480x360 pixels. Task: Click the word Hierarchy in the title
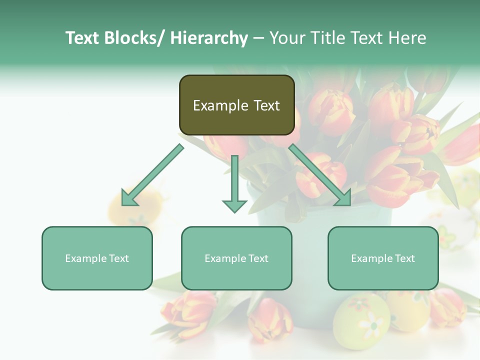(x=208, y=38)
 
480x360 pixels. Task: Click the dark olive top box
(x=236, y=105)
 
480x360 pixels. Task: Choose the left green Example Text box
(x=97, y=258)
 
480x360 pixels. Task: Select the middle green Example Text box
(x=236, y=258)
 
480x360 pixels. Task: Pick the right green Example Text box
(x=383, y=258)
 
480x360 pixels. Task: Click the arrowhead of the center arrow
(x=234, y=205)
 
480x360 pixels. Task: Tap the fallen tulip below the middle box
(x=270, y=320)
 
